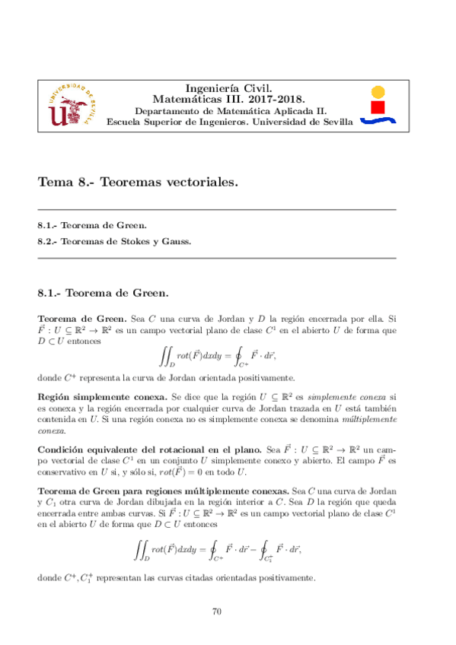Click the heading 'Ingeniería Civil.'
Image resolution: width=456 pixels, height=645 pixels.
click(x=229, y=88)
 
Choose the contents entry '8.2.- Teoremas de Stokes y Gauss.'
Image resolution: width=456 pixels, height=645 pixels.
click(x=114, y=242)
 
